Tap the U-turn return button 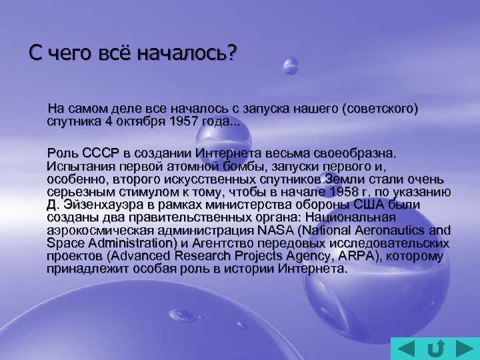[435, 347]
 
